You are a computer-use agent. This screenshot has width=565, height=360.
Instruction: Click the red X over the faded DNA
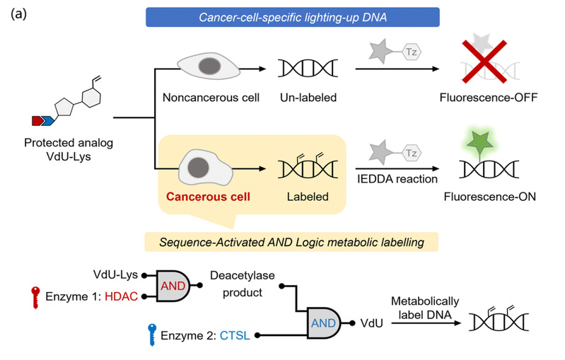tap(484, 62)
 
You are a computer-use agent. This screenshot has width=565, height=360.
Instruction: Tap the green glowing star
tap(480, 142)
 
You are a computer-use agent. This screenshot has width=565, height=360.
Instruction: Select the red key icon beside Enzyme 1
tap(35, 297)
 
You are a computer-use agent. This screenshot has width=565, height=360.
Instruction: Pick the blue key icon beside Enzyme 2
tap(152, 335)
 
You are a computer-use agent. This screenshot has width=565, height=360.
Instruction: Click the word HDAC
tap(122, 296)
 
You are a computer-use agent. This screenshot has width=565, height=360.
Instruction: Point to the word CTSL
tap(235, 335)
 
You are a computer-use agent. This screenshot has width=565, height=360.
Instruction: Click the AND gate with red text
tap(173, 286)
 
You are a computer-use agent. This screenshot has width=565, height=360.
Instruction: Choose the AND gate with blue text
tap(324, 323)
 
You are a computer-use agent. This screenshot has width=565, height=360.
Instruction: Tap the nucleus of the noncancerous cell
tap(209, 66)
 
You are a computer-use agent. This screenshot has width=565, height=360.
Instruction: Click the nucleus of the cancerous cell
tap(198, 168)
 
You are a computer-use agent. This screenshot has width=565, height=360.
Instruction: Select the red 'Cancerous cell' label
tap(208, 197)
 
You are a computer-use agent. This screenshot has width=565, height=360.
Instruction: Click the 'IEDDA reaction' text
tap(397, 179)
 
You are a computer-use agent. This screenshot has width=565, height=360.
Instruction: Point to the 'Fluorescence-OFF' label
tap(489, 98)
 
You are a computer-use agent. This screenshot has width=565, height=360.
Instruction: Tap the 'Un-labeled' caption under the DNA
tap(308, 98)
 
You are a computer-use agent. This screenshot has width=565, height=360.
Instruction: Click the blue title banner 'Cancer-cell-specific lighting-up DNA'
tap(293, 17)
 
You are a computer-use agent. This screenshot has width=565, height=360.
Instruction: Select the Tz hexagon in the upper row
tap(412, 52)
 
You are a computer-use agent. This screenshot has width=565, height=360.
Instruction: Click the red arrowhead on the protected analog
tap(37, 121)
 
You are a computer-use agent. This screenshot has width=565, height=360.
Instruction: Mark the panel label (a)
tap(18, 14)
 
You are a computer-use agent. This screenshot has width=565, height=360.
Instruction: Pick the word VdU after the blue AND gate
tap(371, 323)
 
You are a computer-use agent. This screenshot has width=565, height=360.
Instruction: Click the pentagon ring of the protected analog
tap(64, 107)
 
